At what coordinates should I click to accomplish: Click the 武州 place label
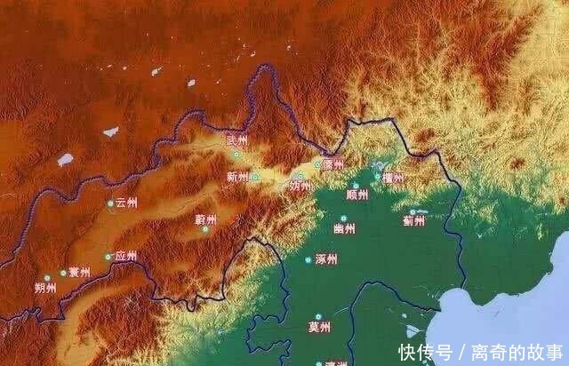point(238,141)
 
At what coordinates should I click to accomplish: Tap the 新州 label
point(237,177)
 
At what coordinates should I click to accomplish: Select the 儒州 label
point(334,163)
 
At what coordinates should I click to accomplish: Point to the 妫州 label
point(301,187)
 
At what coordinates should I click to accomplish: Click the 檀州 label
point(392,178)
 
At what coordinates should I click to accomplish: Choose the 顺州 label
point(357,195)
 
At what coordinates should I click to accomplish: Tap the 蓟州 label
point(414,220)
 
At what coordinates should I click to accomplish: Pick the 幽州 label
point(344,228)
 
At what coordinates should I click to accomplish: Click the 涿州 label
point(326,259)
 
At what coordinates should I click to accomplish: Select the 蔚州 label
point(205,219)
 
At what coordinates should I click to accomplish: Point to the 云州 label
point(126,203)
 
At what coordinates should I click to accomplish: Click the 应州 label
point(125,257)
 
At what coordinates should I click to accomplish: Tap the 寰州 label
point(79,272)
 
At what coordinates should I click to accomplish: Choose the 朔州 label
point(45,288)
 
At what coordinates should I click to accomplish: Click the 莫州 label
point(320,328)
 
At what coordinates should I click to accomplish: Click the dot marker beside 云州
point(110,203)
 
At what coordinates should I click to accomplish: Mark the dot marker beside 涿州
point(309,259)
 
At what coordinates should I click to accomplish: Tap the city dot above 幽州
point(344,217)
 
